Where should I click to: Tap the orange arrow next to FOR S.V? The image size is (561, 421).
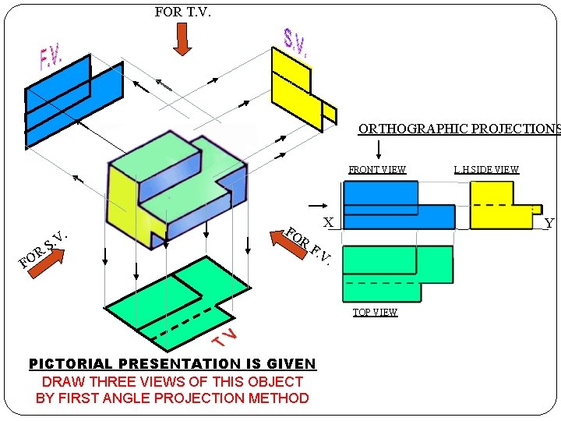pos(49,261)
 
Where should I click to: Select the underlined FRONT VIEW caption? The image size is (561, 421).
pos(377,169)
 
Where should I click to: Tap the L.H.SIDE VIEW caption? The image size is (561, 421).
pos(486,169)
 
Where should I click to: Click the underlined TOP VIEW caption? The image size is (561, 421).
pos(375,313)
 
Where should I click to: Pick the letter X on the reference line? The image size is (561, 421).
pos(329,223)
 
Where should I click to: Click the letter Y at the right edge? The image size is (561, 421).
pos(549,224)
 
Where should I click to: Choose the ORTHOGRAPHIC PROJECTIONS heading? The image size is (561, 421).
pos(459,129)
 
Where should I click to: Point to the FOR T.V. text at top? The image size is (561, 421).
pos(183,12)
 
